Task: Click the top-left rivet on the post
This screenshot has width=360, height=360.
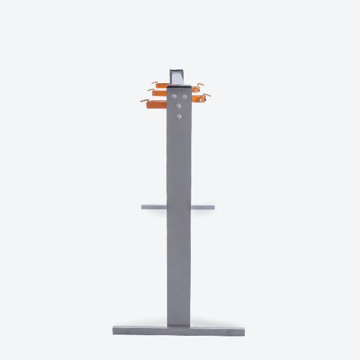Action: [173, 97]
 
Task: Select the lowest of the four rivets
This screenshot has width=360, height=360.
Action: [179, 116]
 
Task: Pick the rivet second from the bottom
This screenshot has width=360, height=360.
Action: [179, 106]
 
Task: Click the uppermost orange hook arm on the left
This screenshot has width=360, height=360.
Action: [162, 85]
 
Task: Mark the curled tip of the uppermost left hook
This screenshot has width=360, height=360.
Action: [154, 83]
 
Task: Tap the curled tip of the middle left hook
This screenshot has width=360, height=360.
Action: [149, 90]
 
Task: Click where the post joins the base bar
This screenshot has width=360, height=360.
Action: [179, 325]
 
